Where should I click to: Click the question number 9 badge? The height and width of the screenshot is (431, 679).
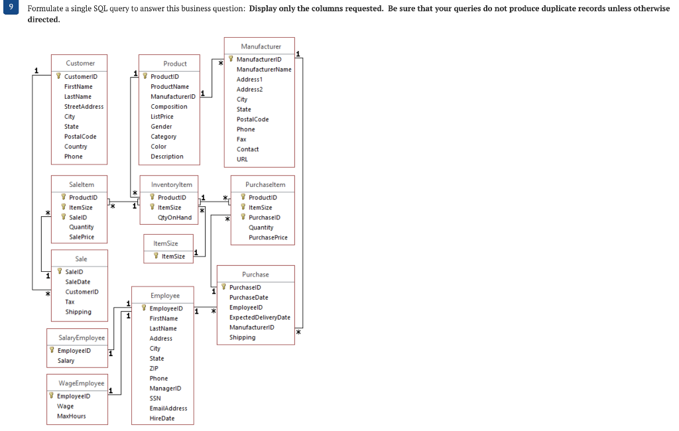(x=10, y=9)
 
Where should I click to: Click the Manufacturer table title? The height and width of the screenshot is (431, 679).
(x=261, y=46)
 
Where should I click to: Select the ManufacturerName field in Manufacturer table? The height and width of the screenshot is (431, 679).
(x=264, y=70)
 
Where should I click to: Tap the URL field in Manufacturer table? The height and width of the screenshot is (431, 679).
(x=243, y=159)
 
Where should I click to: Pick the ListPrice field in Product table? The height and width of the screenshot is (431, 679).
(x=162, y=117)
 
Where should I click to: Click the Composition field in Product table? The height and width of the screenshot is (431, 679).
(x=169, y=107)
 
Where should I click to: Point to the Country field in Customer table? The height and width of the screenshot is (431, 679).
(x=76, y=147)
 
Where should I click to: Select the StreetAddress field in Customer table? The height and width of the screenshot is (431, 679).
(x=84, y=107)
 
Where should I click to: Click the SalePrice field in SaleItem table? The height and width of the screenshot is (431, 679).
(x=82, y=237)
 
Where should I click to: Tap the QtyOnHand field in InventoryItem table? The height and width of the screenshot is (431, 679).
(x=174, y=217)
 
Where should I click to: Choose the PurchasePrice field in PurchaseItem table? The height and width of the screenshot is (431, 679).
(x=268, y=237)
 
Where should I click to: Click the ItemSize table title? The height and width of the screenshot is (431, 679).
(x=165, y=243)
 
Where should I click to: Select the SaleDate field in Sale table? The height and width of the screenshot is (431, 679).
(x=78, y=282)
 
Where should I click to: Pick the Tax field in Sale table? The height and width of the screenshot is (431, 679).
(x=70, y=302)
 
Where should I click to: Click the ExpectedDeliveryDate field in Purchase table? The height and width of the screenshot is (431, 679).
(x=259, y=318)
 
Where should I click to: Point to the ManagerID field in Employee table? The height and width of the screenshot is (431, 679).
(x=165, y=389)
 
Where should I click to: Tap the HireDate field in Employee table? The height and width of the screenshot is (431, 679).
(x=162, y=418)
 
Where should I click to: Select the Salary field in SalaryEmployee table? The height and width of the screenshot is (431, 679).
(x=66, y=361)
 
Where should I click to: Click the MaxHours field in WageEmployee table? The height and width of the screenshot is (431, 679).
(x=71, y=416)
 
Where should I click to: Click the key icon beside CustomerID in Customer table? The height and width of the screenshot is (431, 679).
(x=59, y=77)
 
